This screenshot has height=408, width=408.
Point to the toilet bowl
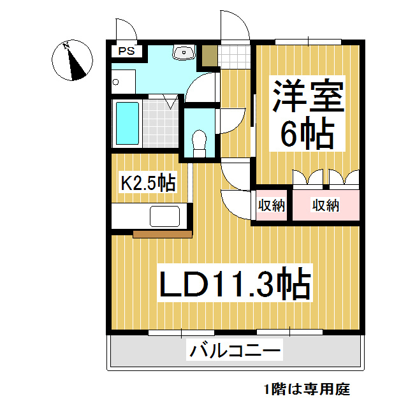(199, 142)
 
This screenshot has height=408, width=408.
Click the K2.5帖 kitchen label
(148, 183)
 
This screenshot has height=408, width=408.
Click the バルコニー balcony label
(235, 350)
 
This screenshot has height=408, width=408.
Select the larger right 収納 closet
(325, 205)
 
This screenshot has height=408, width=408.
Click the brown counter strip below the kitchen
(163, 234)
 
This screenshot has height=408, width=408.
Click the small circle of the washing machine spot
(116, 82)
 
